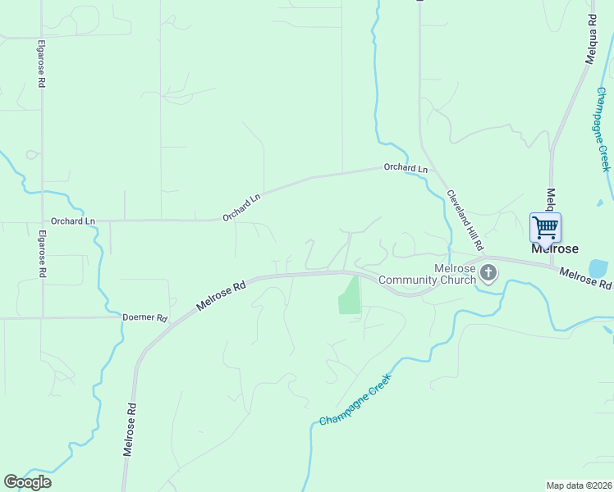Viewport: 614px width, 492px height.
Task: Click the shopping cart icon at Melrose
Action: point(545,226)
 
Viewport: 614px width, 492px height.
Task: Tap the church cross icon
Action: point(488,272)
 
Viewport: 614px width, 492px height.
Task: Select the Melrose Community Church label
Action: point(428,274)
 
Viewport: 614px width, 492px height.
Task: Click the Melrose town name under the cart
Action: point(555,248)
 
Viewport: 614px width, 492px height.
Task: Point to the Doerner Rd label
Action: point(144,317)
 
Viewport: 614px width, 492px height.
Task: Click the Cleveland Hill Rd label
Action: point(465,221)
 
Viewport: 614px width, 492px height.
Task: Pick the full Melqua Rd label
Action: point(591,41)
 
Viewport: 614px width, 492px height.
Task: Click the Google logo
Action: point(27,482)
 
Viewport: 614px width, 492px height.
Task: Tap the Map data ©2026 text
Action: point(580,485)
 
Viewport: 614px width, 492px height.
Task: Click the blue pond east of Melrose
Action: point(598,268)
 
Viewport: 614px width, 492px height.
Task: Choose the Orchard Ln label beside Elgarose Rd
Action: point(73,221)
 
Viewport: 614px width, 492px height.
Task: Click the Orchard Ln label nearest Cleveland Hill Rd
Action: point(406,169)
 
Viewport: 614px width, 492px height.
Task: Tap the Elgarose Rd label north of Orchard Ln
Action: point(40,66)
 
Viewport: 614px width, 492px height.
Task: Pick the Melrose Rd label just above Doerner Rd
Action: point(222,293)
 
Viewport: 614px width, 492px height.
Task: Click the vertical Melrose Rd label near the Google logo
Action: point(129,428)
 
